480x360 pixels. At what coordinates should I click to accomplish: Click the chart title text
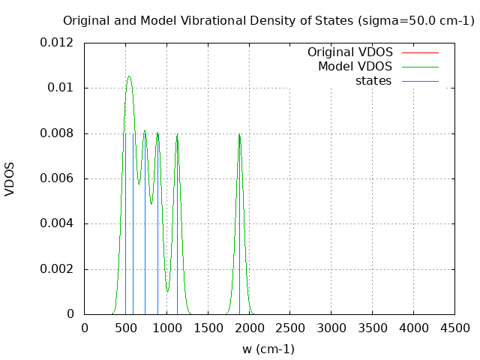click(x=268, y=21)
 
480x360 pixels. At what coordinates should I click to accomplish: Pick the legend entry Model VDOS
click(x=355, y=67)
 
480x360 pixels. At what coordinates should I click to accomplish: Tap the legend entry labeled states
click(x=373, y=81)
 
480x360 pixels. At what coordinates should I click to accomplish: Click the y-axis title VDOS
click(x=10, y=178)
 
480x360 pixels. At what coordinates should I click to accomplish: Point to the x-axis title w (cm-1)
click(x=268, y=349)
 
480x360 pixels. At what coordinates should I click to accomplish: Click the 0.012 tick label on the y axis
click(x=57, y=43)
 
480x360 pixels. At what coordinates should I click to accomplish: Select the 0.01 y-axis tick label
click(x=61, y=88)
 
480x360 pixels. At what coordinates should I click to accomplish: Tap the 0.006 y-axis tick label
click(x=57, y=178)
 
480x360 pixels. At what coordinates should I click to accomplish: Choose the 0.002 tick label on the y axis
click(x=57, y=269)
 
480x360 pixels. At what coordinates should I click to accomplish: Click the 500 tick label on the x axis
click(x=125, y=328)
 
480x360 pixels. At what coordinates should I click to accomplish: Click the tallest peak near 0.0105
click(x=129, y=76)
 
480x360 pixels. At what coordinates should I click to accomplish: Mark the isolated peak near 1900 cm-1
click(x=239, y=135)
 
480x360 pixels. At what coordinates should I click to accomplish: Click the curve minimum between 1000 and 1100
click(x=168, y=291)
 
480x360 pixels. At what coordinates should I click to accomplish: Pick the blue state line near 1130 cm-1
click(x=177, y=225)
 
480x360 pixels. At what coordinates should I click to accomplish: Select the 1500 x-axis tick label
click(x=208, y=328)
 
